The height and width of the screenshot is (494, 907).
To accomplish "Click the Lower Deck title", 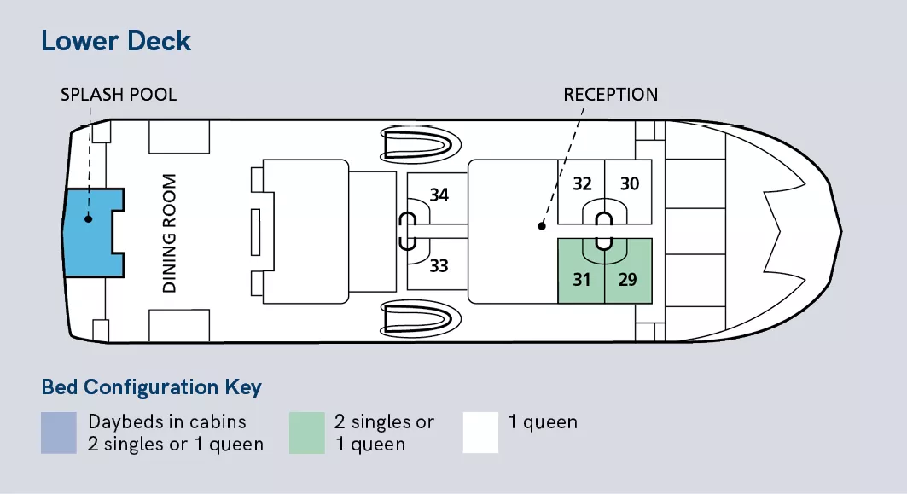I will (116, 41).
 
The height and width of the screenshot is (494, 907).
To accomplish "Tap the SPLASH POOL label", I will (119, 94).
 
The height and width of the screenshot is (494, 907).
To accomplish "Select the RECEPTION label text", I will (610, 94).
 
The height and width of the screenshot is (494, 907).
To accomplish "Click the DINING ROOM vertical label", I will (170, 233).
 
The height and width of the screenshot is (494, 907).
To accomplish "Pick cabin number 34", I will (439, 195).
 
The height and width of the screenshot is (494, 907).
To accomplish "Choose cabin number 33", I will (439, 266).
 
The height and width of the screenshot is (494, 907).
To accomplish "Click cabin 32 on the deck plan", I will (582, 184).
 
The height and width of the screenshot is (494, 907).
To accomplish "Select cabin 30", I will (629, 184).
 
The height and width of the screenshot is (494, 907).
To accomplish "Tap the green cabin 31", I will (581, 279).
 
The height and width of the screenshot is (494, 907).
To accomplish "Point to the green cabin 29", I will (628, 279).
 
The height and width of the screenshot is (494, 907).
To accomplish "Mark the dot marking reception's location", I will (540, 227).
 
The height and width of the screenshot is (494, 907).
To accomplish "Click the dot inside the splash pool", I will (88, 218).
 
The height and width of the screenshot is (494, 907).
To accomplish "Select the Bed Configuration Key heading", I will (151, 387).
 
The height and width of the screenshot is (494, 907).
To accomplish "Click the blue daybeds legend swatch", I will (58, 433).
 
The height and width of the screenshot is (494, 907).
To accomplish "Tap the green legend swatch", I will (306, 433).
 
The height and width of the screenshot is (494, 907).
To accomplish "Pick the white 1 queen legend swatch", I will (480, 433).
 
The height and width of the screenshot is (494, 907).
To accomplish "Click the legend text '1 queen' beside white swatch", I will (543, 422).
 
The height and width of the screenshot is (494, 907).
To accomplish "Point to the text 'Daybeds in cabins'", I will (166, 421).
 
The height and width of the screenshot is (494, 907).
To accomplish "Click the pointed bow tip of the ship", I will (840, 230).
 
